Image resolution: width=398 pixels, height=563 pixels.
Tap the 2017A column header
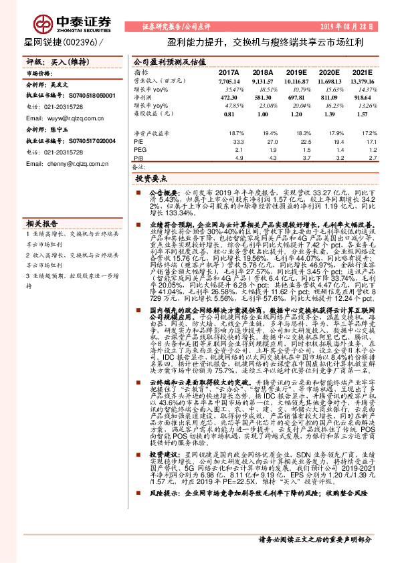[x=229, y=72]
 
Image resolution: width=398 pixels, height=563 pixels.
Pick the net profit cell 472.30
[x=229, y=97]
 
